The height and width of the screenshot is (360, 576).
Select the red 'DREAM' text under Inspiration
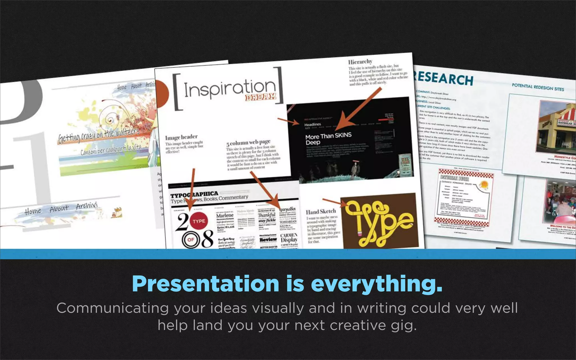tap(260, 97)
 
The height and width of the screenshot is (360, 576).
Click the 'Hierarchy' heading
tap(360, 62)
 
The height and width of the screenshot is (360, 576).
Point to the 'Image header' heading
tap(181, 137)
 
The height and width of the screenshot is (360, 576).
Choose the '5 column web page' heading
tap(248, 143)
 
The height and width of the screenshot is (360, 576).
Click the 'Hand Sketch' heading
tap(321, 211)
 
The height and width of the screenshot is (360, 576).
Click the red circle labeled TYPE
tap(199, 221)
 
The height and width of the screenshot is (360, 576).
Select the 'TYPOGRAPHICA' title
tap(194, 194)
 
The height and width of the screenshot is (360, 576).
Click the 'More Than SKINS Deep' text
tap(328, 139)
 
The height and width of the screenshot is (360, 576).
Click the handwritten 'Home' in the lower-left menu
tap(33, 211)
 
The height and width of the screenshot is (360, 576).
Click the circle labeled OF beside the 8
tap(191, 240)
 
